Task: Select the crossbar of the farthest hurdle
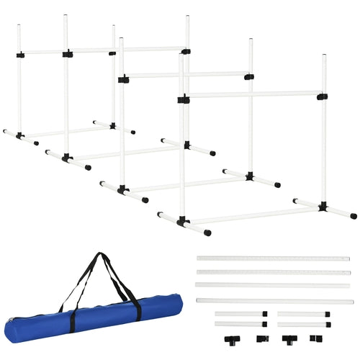tap(65, 52)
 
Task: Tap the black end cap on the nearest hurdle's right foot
tap(352, 215)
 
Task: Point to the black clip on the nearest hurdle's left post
tap(184, 99)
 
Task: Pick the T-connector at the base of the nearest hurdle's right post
tap(323, 207)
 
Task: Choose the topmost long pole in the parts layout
tap(272, 258)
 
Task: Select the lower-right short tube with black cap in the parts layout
tap(302, 324)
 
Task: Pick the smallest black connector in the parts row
tap(314, 338)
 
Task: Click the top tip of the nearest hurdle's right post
tap(324, 55)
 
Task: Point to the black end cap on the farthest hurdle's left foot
tap(6, 132)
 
